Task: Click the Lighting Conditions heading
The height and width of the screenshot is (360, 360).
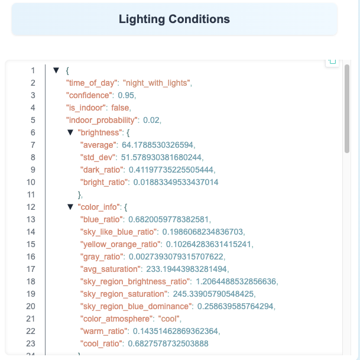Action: click(174, 19)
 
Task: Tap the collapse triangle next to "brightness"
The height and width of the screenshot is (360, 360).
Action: click(70, 132)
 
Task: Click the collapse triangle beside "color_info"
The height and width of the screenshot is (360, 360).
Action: click(70, 207)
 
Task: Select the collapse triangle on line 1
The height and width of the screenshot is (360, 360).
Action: click(56, 70)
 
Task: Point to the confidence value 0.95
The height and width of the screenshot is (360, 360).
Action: click(127, 95)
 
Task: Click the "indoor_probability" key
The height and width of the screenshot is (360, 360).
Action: click(102, 120)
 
